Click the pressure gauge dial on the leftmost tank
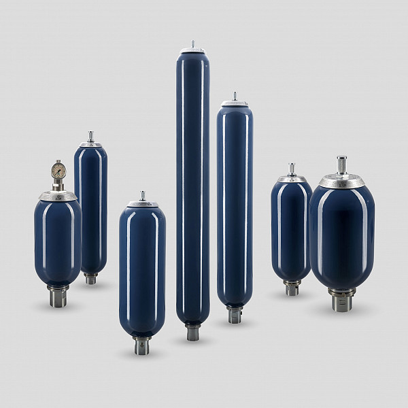click(x=58, y=169)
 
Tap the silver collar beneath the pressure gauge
click(x=58, y=196)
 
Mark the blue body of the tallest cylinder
click(x=192, y=184)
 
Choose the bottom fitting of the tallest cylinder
click(x=192, y=333)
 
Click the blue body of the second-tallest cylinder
click(x=235, y=204)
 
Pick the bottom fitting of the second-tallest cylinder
click(x=235, y=315)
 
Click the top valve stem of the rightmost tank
click(x=341, y=165)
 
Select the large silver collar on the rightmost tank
click(x=341, y=181)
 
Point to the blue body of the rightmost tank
click(x=341, y=235)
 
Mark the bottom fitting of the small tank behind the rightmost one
click(x=292, y=288)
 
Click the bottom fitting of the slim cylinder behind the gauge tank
click(x=90, y=278)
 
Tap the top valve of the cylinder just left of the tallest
click(x=142, y=197)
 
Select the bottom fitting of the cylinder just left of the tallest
click(x=142, y=345)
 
